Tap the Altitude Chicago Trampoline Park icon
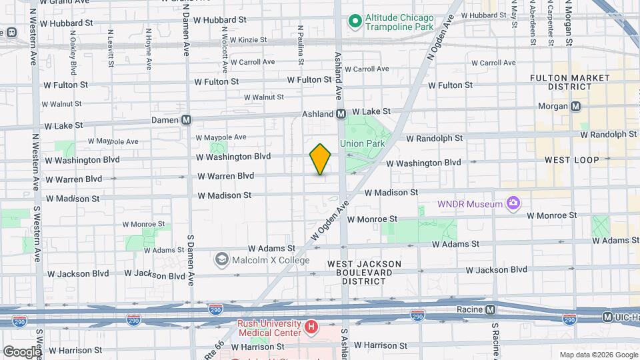(355, 22)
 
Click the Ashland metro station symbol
(341, 114)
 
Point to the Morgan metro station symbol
(576, 106)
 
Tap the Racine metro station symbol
(490, 309)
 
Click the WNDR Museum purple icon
(513, 203)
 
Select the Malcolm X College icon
(221, 258)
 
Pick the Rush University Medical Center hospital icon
(310, 327)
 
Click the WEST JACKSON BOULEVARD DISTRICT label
(364, 272)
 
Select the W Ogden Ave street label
(329, 223)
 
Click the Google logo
(21, 351)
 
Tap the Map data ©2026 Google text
(598, 355)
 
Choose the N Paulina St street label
(301, 45)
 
